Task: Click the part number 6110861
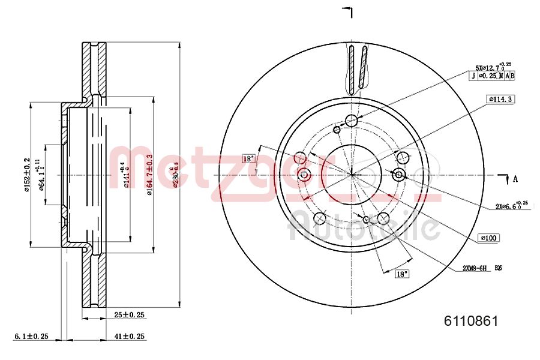pos(470,321)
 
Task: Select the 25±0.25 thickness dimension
pos(130,314)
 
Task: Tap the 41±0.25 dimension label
pos(130,337)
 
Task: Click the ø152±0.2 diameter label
pos(26,175)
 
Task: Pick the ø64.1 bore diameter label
pos(42,175)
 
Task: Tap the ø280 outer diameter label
pos(175,174)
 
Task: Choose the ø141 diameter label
pos(125,175)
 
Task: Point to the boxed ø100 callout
pos(489,238)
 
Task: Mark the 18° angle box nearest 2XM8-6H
pos(401,274)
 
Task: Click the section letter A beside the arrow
pos(515,178)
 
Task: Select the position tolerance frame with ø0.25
pos(492,76)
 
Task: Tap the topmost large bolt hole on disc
pos(352,122)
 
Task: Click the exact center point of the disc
pos(352,175)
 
